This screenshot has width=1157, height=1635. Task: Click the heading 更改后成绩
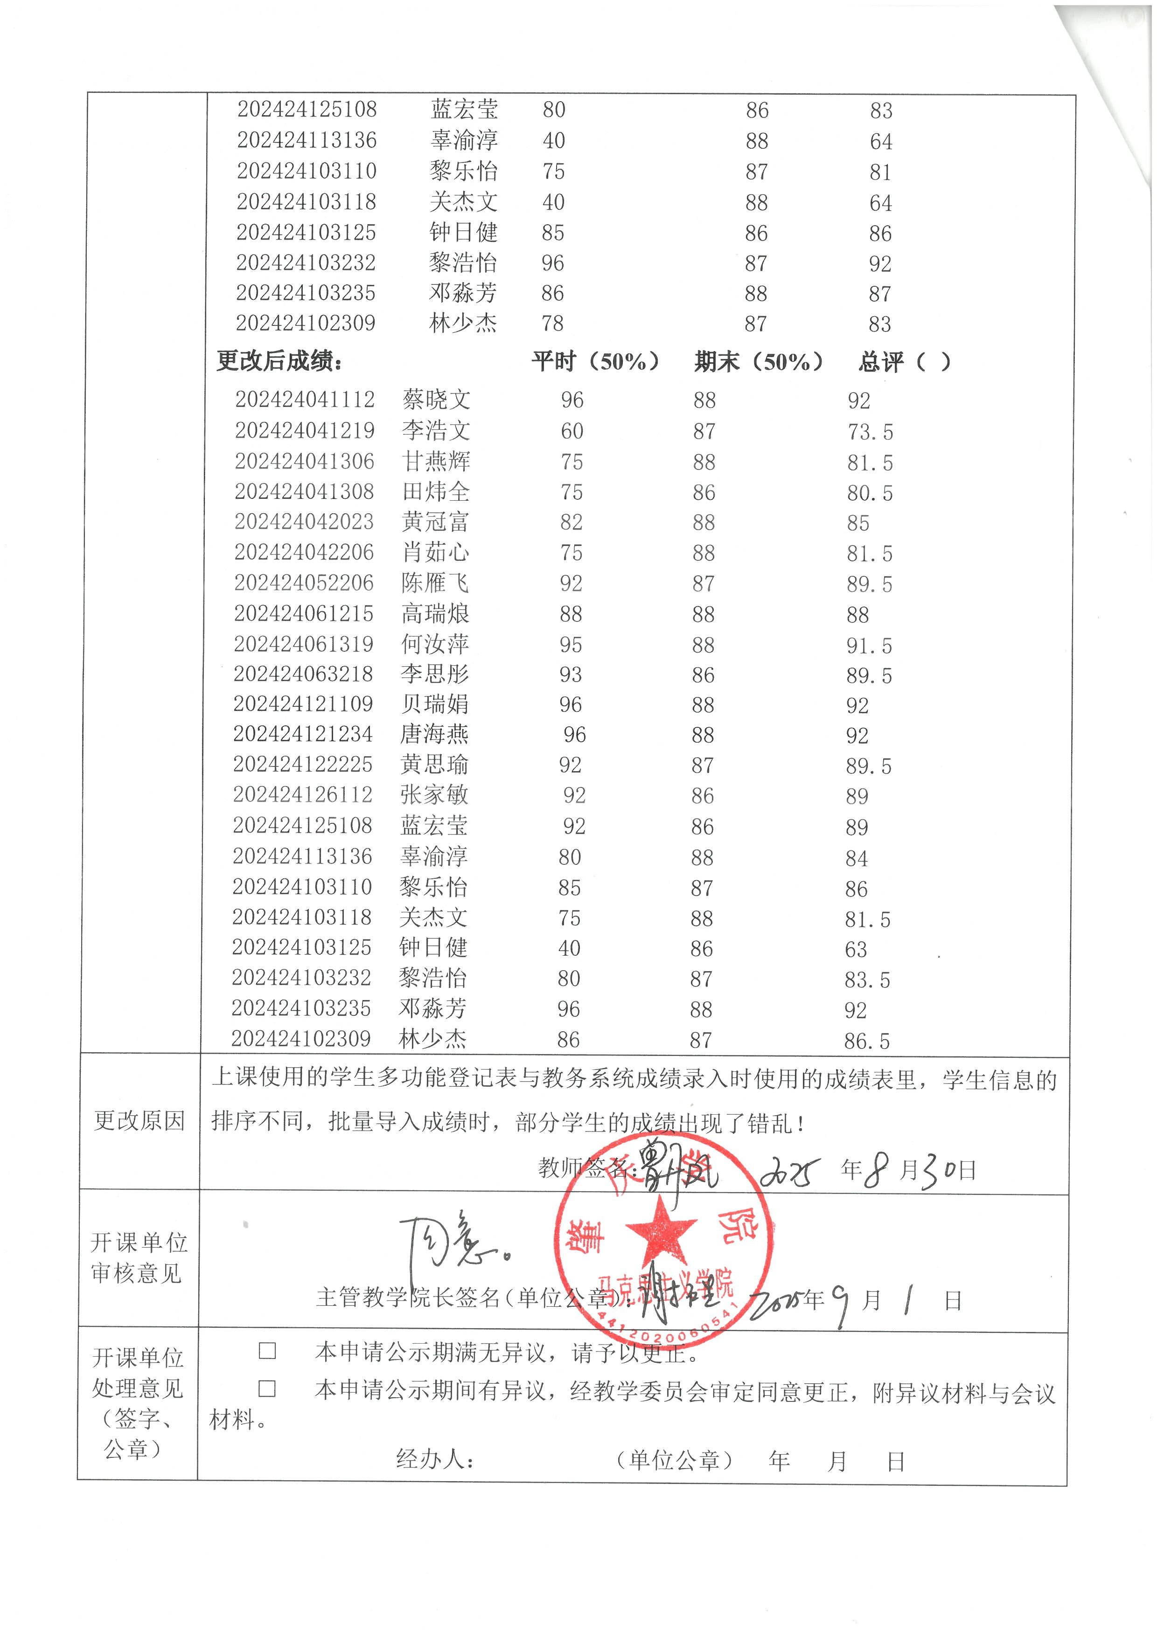[279, 362]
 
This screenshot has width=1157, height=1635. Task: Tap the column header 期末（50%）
[758, 362]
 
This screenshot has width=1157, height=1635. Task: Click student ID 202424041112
[305, 400]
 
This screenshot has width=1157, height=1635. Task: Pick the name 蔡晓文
[436, 400]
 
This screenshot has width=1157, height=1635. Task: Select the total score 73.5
[869, 432]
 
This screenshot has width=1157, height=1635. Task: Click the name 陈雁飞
[435, 583]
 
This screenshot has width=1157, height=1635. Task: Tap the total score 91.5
[869, 646]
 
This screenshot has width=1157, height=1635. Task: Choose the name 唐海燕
[434, 734]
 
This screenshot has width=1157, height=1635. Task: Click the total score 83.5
[867, 980]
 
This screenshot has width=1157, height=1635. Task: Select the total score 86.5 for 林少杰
[866, 1041]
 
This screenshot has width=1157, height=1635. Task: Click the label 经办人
[435, 1460]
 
